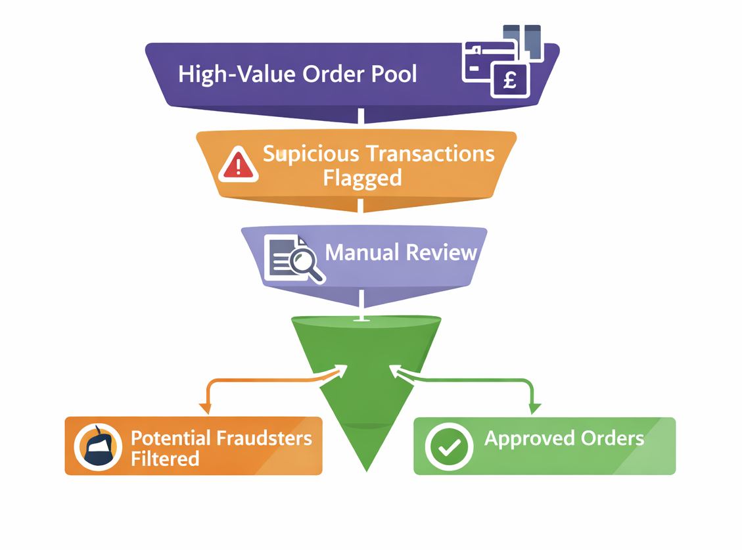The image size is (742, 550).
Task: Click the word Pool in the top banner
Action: click(x=392, y=74)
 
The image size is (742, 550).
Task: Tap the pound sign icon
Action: click(x=510, y=81)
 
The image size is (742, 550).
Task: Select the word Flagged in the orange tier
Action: click(x=362, y=178)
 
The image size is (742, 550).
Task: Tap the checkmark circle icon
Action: click(x=450, y=446)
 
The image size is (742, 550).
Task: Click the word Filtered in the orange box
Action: click(x=164, y=458)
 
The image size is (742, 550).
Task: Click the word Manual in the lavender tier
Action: click(x=361, y=252)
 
